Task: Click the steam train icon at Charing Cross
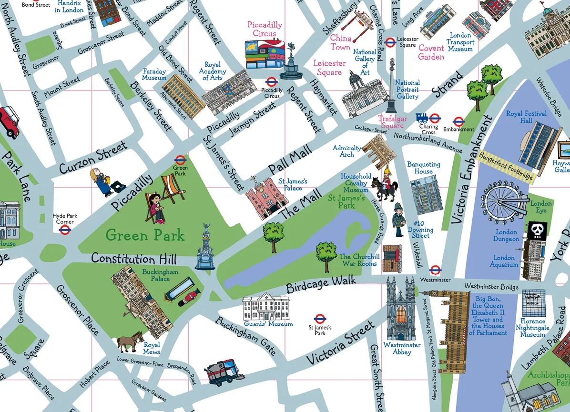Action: [x=422, y=118]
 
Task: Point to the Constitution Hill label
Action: [x=133, y=259]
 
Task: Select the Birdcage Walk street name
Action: [x=321, y=284]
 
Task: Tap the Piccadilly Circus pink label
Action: [x=265, y=29]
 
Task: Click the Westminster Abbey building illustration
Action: [x=401, y=307]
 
